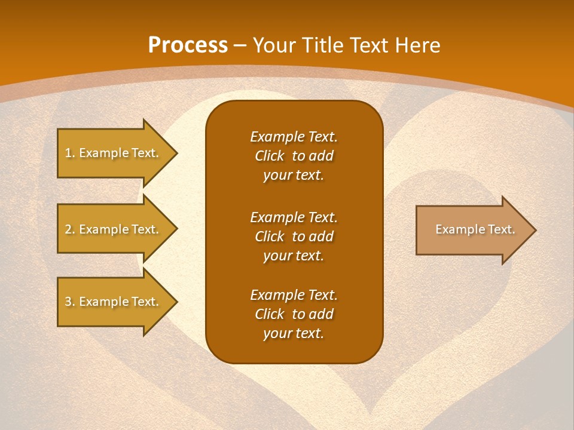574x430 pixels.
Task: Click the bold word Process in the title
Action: pos(188,45)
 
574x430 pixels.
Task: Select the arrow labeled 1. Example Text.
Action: pos(114,153)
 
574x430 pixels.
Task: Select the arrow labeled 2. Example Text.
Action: pos(114,229)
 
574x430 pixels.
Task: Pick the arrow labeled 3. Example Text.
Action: pos(114,302)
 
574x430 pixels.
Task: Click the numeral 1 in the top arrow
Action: pos(68,153)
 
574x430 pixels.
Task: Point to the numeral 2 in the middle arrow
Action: pos(68,229)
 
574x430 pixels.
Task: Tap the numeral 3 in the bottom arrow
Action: pos(68,302)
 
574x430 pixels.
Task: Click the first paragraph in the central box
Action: pos(294,156)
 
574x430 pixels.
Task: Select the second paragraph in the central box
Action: pos(294,236)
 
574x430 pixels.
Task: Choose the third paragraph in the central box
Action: pos(294,314)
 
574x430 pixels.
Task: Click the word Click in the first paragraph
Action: pos(270,156)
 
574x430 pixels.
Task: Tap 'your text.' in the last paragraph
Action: pos(294,334)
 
